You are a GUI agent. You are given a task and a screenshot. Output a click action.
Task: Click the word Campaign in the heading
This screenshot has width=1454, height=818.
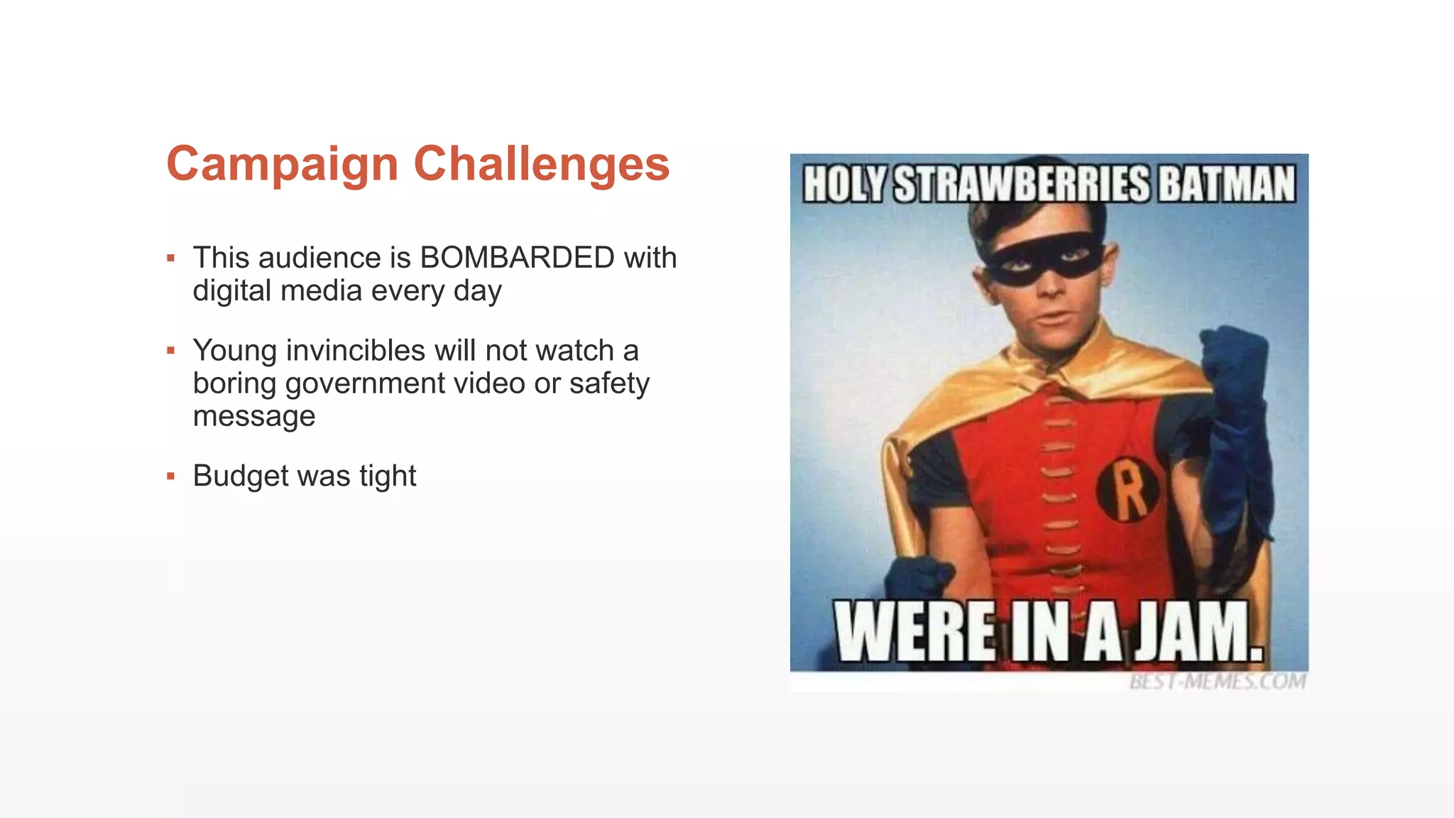pyautogui.click(x=283, y=165)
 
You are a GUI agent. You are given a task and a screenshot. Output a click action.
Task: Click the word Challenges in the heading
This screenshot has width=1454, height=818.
pyautogui.click(x=541, y=165)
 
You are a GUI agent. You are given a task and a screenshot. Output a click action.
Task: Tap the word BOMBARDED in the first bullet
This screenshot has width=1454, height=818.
pyautogui.click(x=517, y=258)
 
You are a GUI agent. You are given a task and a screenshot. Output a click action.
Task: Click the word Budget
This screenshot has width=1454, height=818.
pyautogui.click(x=239, y=476)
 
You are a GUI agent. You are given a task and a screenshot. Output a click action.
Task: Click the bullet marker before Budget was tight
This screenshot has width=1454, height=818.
pyautogui.click(x=170, y=476)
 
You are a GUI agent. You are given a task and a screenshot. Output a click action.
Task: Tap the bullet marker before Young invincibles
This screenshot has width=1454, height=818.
pyautogui.click(x=170, y=350)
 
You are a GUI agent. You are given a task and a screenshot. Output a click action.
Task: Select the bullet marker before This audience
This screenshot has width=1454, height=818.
pyautogui.click(x=170, y=258)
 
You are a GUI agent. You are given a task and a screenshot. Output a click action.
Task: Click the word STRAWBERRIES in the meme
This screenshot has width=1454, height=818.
pyautogui.click(x=1021, y=185)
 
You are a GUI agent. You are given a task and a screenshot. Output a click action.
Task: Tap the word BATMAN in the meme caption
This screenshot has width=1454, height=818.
pyautogui.click(x=1227, y=185)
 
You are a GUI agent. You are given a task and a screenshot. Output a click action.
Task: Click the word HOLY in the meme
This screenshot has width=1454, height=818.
pyautogui.click(x=844, y=185)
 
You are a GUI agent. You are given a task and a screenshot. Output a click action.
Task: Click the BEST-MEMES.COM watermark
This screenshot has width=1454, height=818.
pyautogui.click(x=1217, y=682)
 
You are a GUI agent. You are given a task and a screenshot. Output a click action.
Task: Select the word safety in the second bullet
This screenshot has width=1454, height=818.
pyautogui.click(x=609, y=383)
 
